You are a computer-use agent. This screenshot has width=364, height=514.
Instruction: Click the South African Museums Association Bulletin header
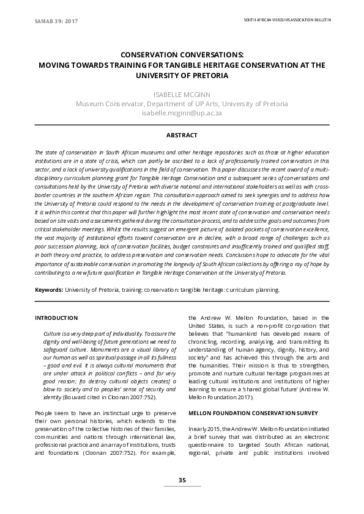pos(287,20)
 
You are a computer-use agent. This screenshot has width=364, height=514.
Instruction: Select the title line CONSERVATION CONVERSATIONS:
pos(182,54)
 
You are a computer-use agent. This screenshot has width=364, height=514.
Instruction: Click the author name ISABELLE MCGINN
pos(182,94)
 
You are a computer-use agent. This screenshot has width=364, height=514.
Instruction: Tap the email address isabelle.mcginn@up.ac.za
pos(182,113)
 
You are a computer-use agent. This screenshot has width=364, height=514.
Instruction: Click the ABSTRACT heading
pos(182,135)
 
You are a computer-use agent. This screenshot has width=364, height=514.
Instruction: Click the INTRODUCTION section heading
pos(56,318)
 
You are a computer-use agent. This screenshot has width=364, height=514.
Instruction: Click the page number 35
pos(182,480)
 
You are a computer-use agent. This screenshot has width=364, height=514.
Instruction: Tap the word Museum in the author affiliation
pos(90,104)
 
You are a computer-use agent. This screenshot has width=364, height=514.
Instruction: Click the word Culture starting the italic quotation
pos(53,334)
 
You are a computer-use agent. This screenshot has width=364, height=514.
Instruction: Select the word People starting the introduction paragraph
pos(45,413)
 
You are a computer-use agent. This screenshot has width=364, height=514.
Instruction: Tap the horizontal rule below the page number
pos(182,487)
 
